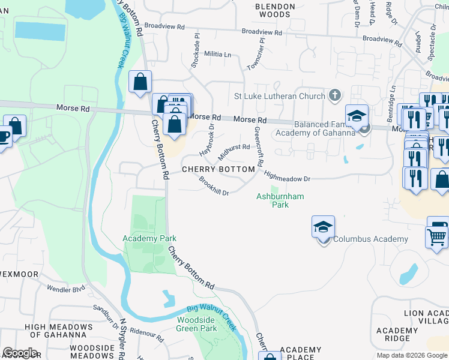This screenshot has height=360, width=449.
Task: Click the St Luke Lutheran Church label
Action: coord(279,96)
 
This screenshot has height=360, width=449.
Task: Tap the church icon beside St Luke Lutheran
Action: coord(335,95)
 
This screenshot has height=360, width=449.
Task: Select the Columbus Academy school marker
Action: coord(323,228)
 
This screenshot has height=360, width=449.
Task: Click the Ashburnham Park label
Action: coord(280,200)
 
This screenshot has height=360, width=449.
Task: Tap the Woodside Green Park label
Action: coord(197,324)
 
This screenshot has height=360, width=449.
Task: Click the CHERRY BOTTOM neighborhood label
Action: coord(218,169)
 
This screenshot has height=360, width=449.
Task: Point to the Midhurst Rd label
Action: coord(234,151)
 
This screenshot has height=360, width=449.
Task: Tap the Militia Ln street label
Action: coord(217,54)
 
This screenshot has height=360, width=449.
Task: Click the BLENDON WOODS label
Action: coord(276,10)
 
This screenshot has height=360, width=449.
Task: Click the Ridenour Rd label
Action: coord(146,335)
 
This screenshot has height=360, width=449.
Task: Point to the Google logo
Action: coord(20,352)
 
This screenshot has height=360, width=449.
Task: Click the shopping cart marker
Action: coord(436,236)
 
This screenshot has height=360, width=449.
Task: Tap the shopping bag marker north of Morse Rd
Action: coord(140,82)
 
